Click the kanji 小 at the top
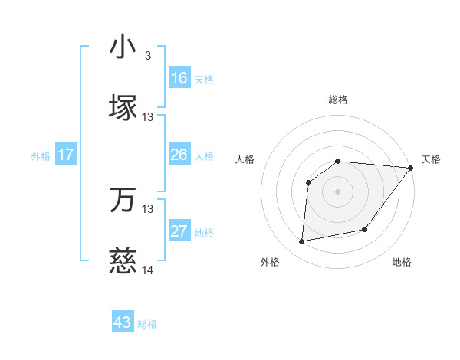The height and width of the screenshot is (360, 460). coord(123,47)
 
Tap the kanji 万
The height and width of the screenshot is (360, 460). coord(123,200)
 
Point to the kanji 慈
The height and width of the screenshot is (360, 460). coord(123,260)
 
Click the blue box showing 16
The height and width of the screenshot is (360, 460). coord(179,78)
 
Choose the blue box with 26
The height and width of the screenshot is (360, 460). coord(179,155)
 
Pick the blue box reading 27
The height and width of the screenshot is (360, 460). coord(179,231)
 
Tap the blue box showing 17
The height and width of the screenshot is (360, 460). coord(66,155)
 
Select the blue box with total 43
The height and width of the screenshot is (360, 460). coord(123,322)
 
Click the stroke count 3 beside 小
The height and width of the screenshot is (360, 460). coord(147,56)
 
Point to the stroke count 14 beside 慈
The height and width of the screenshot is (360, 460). coord(148,270)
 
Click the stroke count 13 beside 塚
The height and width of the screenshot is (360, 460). coord(148,116)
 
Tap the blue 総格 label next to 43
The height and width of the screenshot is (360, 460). coord(147,324)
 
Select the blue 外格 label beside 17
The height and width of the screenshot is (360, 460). coord(41,156)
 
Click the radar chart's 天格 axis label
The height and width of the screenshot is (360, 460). coord(431,159)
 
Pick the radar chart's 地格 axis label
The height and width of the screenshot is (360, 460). coord(402,263)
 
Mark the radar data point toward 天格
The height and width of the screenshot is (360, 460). coord(410,168)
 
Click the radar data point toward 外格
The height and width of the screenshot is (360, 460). coord(302,242)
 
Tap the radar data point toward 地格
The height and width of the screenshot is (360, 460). coord(365,229)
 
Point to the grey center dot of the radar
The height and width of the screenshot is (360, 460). coord(337,191)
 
